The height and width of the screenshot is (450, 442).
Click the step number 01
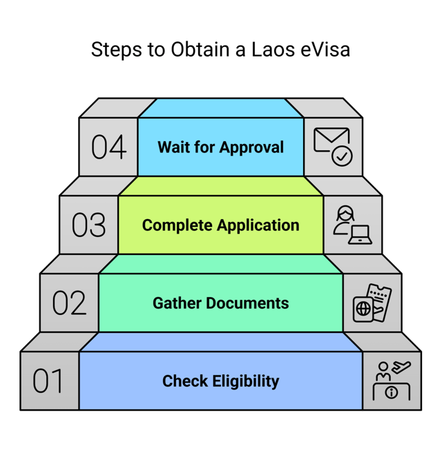[48, 381]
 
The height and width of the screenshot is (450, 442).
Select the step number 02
[69, 303]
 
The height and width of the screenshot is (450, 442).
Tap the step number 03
[88, 225]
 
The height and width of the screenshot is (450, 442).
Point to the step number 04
[108, 147]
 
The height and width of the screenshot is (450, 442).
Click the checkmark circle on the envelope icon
[342, 156]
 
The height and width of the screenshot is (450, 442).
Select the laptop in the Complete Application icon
[360, 235]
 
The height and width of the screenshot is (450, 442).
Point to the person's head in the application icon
[345, 213]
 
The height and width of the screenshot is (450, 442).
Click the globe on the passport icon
[363, 309]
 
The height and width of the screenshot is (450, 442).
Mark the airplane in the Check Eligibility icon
[400, 367]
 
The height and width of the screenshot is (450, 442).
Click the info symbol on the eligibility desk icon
[392, 392]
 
